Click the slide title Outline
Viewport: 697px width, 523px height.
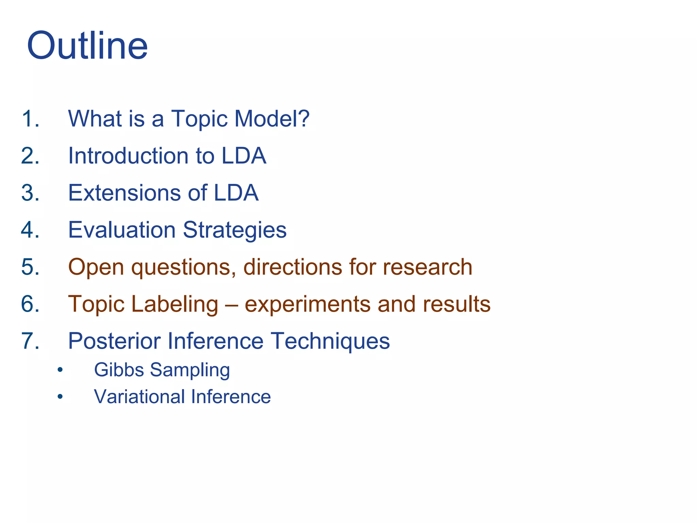[87, 46]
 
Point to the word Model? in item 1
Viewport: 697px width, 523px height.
[272, 118]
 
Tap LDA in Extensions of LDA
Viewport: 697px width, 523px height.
[236, 193]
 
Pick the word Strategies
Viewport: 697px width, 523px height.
[235, 231]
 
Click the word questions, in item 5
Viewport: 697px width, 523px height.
[184, 267]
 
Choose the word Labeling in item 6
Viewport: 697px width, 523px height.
[174, 304]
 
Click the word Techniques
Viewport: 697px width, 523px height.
[330, 342]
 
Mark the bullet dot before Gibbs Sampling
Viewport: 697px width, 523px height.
[60, 370]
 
